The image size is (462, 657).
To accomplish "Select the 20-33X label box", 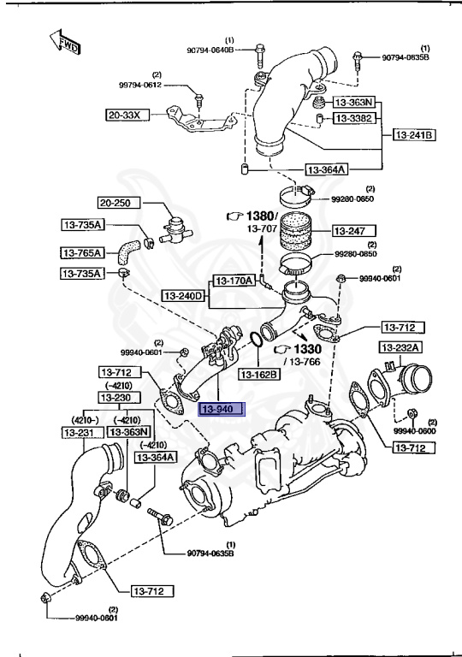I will (127, 114).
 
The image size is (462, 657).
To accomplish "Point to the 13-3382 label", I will (352, 117).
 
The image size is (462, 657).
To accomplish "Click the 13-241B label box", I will (415, 135).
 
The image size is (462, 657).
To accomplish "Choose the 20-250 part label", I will (117, 204).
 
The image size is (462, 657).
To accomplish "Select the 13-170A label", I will (233, 280).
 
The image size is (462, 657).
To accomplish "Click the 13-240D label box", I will (185, 296).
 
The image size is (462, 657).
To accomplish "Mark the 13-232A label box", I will (400, 347).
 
